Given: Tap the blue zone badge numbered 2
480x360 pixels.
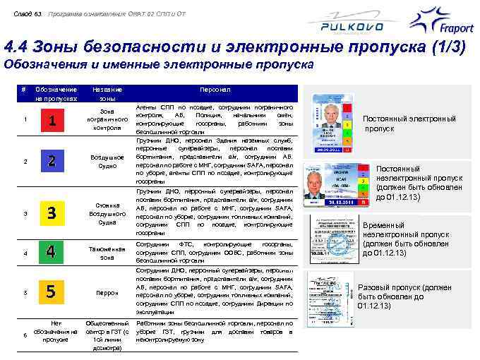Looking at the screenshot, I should (52, 161).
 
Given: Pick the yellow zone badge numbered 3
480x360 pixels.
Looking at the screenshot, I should (52, 212).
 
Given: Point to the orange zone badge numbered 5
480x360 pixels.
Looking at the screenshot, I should (52, 292).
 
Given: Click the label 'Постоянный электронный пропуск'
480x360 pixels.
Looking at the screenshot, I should (409, 124).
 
